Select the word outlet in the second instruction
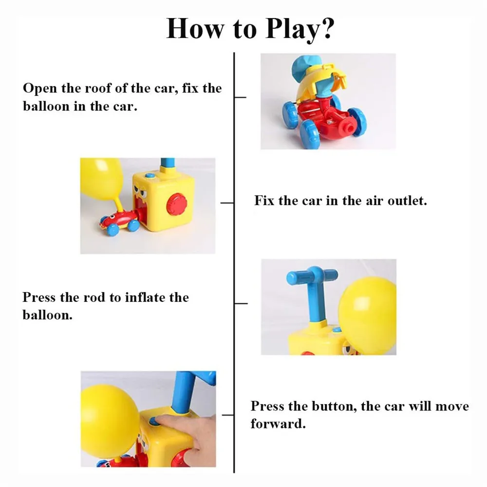pos(407,201)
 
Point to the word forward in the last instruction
pos(278,424)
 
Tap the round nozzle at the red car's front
pos(348,127)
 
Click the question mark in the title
pos(327,29)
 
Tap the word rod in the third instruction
pos(95,298)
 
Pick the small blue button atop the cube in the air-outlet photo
pos(150,176)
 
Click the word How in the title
pos(195,29)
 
